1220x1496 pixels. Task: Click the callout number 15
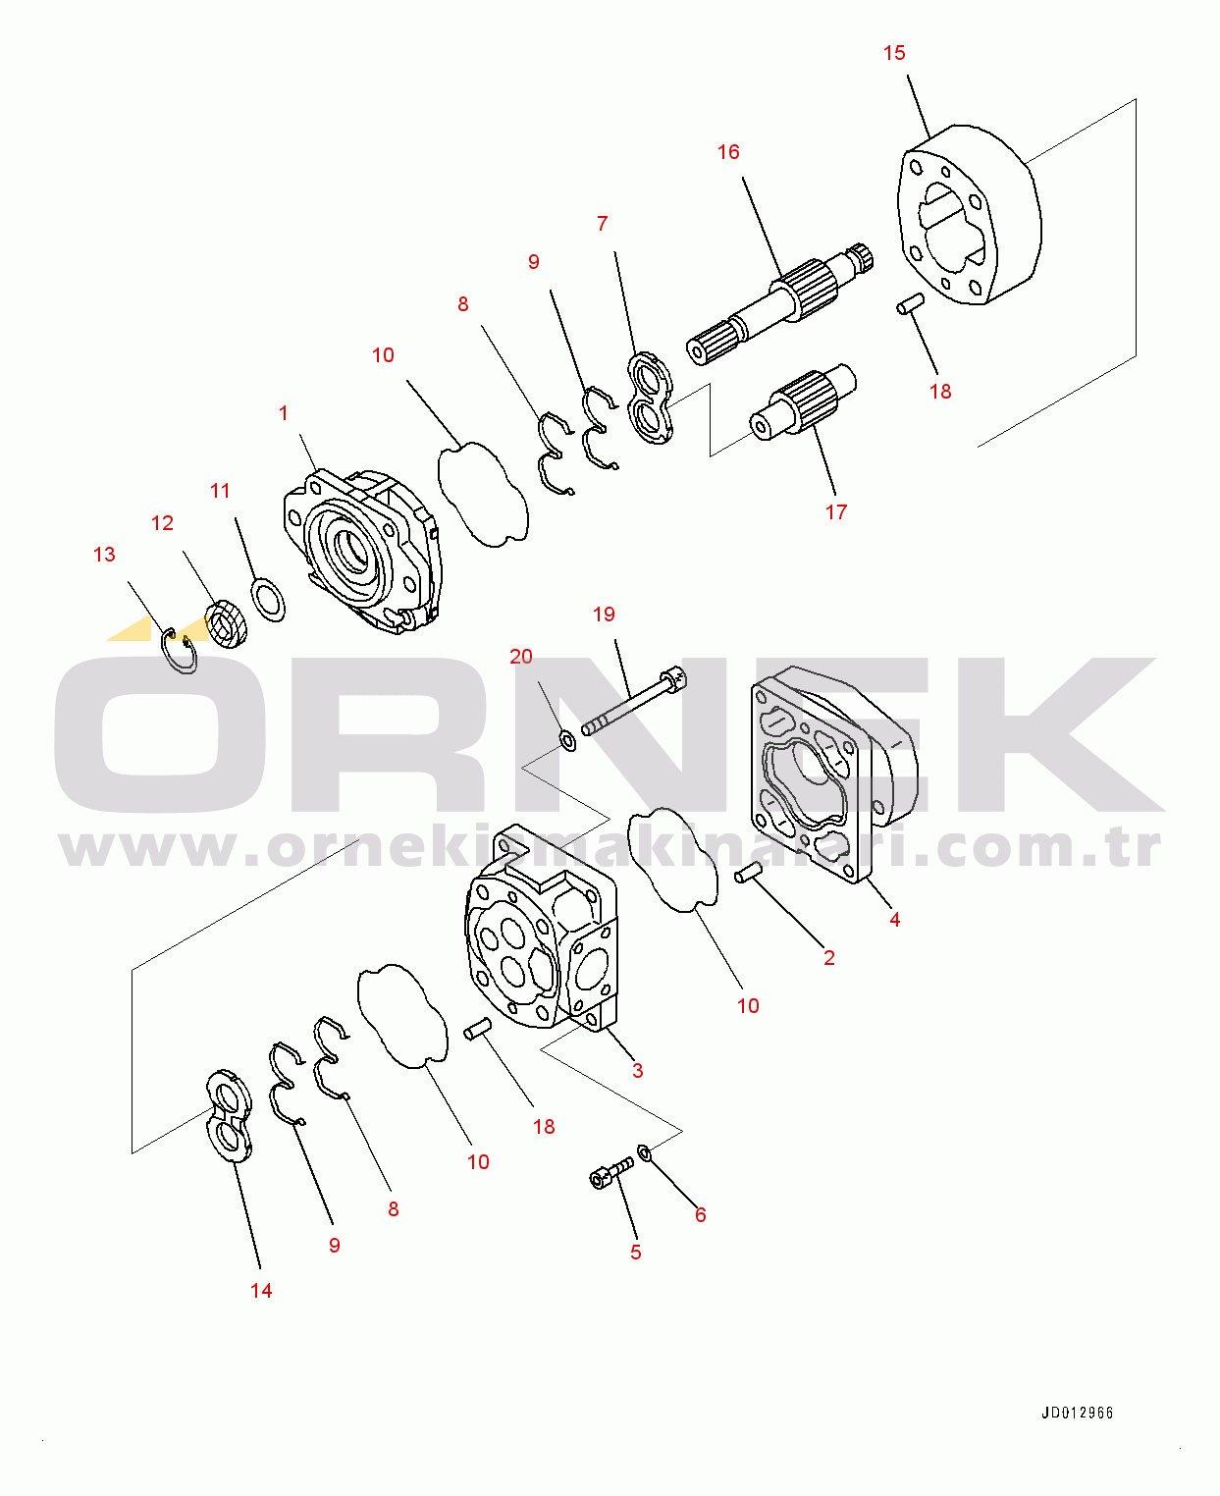click(894, 53)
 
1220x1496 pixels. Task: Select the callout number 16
click(728, 152)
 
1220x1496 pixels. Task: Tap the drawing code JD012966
click(1077, 1414)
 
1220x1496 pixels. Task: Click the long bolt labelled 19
click(634, 701)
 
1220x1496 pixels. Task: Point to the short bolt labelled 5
click(610, 1172)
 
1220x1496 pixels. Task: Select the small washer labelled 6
click(645, 1151)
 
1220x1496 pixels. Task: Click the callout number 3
click(638, 1071)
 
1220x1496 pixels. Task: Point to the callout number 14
click(261, 1291)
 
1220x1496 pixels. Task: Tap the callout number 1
click(284, 413)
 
